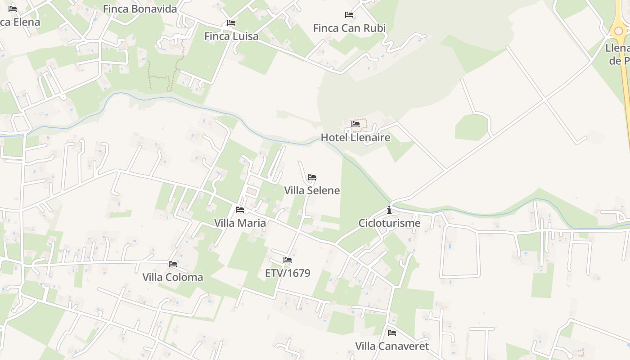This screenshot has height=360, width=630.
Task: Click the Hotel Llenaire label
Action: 355,137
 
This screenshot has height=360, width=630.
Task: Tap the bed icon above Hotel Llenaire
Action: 355,124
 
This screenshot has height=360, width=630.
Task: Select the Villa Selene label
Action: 312,190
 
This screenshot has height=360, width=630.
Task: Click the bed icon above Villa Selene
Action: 312,177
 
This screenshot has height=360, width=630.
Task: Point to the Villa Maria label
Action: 240,223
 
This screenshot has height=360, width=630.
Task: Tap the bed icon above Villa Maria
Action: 240,210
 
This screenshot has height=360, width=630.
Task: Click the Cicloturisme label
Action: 389,223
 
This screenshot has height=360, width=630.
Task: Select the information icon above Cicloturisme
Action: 389,210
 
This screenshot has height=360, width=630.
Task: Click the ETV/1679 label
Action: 288,273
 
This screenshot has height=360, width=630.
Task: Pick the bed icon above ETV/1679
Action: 288,260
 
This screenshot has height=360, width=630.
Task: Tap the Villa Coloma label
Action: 173,277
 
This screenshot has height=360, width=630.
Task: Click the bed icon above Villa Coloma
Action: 173,264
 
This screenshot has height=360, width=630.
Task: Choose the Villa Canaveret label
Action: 392,346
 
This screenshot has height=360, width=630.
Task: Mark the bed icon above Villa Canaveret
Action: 392,333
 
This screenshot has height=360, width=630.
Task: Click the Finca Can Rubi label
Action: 349,28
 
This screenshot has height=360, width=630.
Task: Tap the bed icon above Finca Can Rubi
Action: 349,15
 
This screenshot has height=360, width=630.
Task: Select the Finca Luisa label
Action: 231,36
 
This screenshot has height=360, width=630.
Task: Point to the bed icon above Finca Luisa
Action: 231,23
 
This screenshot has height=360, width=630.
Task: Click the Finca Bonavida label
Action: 140,9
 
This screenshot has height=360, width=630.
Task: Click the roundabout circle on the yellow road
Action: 619,31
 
